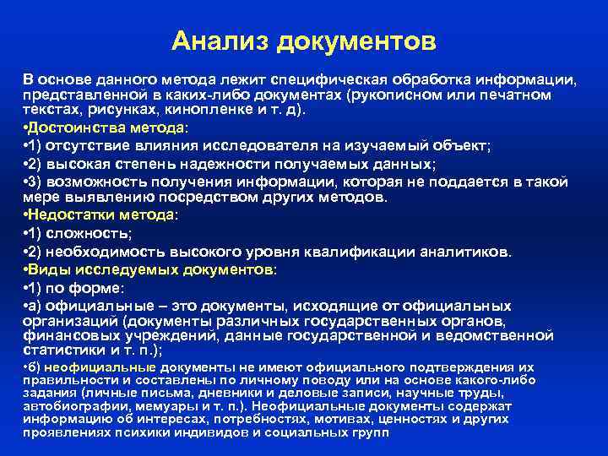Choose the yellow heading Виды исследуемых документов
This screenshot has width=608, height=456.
point(153,269)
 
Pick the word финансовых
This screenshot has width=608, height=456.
point(63,335)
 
